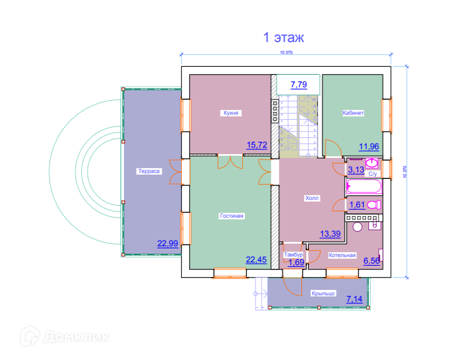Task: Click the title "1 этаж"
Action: (x=284, y=38)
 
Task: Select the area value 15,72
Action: (x=257, y=145)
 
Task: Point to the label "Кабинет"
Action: (x=353, y=113)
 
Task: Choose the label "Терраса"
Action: (x=148, y=171)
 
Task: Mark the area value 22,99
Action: (x=167, y=244)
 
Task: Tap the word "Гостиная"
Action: (x=232, y=216)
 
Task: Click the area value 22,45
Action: (x=257, y=259)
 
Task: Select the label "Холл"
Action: (x=312, y=198)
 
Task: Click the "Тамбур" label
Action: (x=294, y=255)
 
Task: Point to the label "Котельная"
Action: (x=342, y=255)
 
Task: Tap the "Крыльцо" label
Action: (x=324, y=293)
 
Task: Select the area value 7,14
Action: (x=355, y=299)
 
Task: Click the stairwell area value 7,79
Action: (x=299, y=84)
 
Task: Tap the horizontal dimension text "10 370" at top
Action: (x=286, y=52)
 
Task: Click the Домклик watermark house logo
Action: (x=31, y=337)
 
